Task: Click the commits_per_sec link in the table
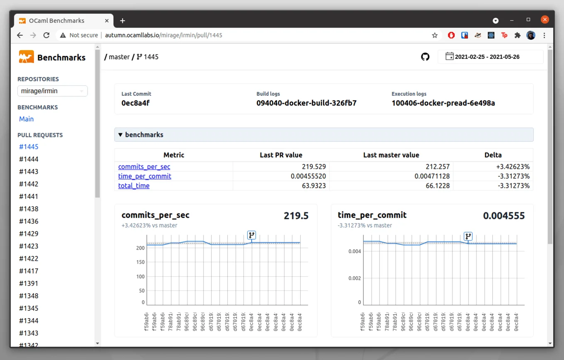coord(144,167)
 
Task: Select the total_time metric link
coord(134,186)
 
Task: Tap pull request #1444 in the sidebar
coord(29,159)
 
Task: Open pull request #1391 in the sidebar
coord(29,284)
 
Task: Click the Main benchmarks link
coord(26,119)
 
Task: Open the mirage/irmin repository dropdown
coord(52,91)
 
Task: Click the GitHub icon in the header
coord(425,57)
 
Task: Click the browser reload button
coord(46,35)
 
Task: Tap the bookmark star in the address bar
coord(435,35)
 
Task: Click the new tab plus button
coord(122,21)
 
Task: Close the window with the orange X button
coord(545,19)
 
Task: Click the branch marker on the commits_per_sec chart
coord(251,235)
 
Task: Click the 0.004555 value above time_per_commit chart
coord(503,216)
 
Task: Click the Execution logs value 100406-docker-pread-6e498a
coord(443,103)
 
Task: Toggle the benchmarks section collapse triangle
coord(120,135)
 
